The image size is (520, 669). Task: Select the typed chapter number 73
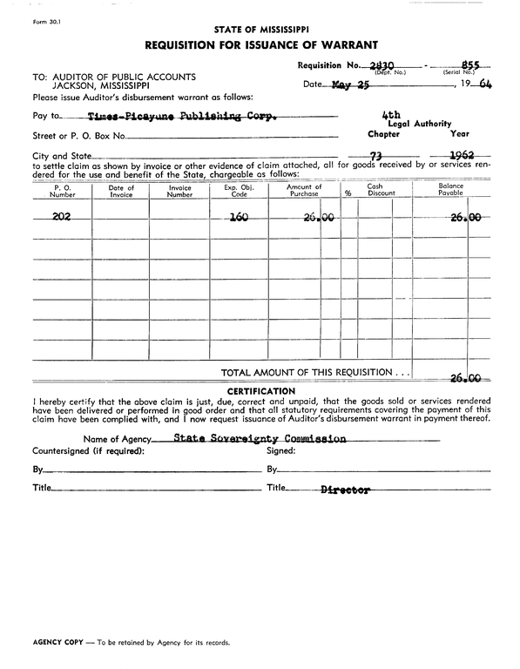point(377,156)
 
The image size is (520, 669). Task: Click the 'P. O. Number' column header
point(62,191)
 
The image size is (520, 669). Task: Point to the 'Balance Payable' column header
point(450,191)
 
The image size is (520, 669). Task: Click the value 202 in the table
point(61,219)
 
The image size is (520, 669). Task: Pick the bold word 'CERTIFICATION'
point(260,391)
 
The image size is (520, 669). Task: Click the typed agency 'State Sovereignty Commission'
point(260,438)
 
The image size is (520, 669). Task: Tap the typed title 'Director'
point(346,490)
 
